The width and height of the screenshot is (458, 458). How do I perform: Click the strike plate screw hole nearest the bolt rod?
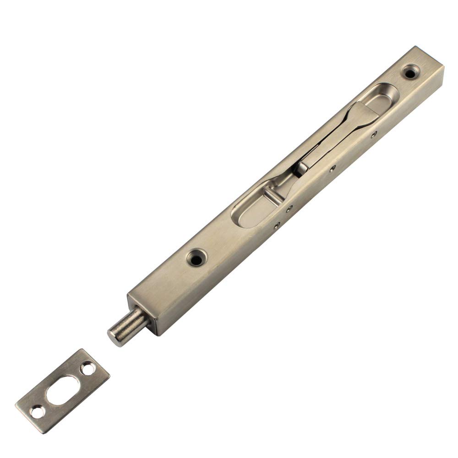[x=86, y=367]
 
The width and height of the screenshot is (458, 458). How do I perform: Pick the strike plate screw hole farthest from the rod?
[x=36, y=411]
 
